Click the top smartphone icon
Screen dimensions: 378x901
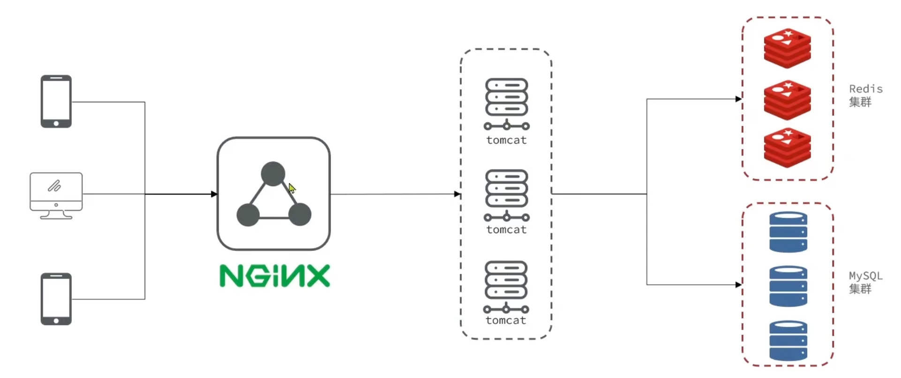pos(56,101)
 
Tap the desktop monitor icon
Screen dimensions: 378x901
pos(56,195)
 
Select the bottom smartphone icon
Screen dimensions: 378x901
pos(56,299)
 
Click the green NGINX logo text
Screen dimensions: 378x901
pos(275,276)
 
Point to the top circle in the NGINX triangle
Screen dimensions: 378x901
pos(273,174)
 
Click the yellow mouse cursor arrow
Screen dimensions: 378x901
pos(292,189)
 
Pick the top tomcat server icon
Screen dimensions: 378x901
pos(506,103)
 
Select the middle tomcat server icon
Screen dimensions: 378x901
pos(506,195)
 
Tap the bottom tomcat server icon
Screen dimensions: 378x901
pos(506,286)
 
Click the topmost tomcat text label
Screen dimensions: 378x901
pos(506,140)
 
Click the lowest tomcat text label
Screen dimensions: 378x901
pos(506,320)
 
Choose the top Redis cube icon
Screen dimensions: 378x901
pos(788,48)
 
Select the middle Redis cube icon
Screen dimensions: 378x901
pos(788,99)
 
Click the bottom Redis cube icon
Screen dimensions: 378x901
pos(788,147)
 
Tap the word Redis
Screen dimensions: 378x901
pos(865,89)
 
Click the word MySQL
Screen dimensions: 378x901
pos(865,276)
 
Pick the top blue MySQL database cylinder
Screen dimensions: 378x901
pos(788,232)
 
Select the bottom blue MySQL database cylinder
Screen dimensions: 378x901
pos(788,340)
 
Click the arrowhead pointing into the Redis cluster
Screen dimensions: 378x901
pos(738,99)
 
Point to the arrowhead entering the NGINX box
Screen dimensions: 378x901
pos(214,194)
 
